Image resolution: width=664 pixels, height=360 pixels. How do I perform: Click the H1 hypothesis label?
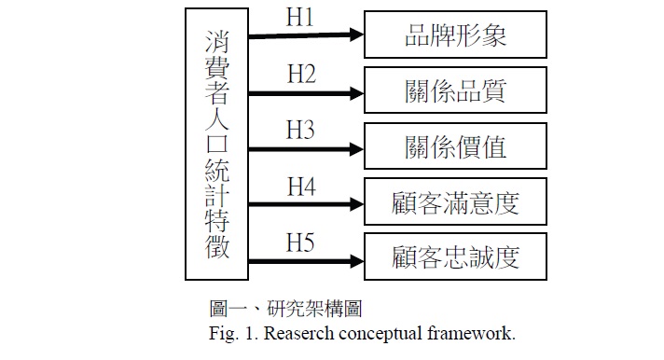coord(299,18)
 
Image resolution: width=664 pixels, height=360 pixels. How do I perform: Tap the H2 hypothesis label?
coord(301,74)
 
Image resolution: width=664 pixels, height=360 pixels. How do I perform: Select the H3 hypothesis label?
coord(300,130)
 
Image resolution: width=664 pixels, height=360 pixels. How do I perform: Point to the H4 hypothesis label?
coord(301,187)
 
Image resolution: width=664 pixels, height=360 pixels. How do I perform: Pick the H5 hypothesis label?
coord(300,242)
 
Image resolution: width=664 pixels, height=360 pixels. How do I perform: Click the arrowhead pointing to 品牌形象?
coord(356,35)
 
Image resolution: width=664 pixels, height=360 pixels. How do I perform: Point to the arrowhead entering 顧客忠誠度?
coord(356,261)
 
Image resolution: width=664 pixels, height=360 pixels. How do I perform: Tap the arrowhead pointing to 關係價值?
coord(356,149)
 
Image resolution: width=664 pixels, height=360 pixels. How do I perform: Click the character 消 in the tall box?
coord(216,42)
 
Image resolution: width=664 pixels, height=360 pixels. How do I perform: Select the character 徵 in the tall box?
coord(217,246)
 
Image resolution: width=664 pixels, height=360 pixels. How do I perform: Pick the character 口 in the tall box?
coord(217,144)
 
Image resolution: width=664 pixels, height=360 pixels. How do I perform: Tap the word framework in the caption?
coord(470,334)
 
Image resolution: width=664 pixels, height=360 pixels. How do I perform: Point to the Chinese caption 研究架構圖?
coord(314,309)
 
